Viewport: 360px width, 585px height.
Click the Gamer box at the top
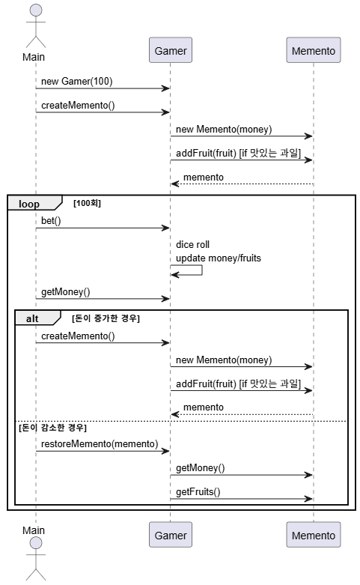point(171,50)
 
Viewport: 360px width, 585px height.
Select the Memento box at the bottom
point(314,535)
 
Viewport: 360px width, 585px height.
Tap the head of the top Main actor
point(36,10)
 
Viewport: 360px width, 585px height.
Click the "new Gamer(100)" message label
point(77,82)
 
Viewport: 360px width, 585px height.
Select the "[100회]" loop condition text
point(88,203)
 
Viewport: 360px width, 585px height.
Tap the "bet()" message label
point(51,220)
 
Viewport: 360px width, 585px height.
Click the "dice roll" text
point(192,244)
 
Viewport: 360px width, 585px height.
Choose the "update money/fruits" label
point(219,258)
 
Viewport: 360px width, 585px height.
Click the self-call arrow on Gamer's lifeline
point(202,270)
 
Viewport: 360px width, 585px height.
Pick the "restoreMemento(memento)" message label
point(100,443)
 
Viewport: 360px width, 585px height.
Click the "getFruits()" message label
point(198,491)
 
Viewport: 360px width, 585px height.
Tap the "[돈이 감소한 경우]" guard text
point(52,428)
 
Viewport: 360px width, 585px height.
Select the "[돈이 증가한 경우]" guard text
point(106,318)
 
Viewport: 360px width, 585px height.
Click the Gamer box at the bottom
point(171,535)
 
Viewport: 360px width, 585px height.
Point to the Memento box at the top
point(314,50)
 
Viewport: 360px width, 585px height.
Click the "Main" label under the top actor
point(34,57)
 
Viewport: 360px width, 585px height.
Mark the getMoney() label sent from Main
point(66,292)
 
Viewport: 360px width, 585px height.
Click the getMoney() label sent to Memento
point(201,468)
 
